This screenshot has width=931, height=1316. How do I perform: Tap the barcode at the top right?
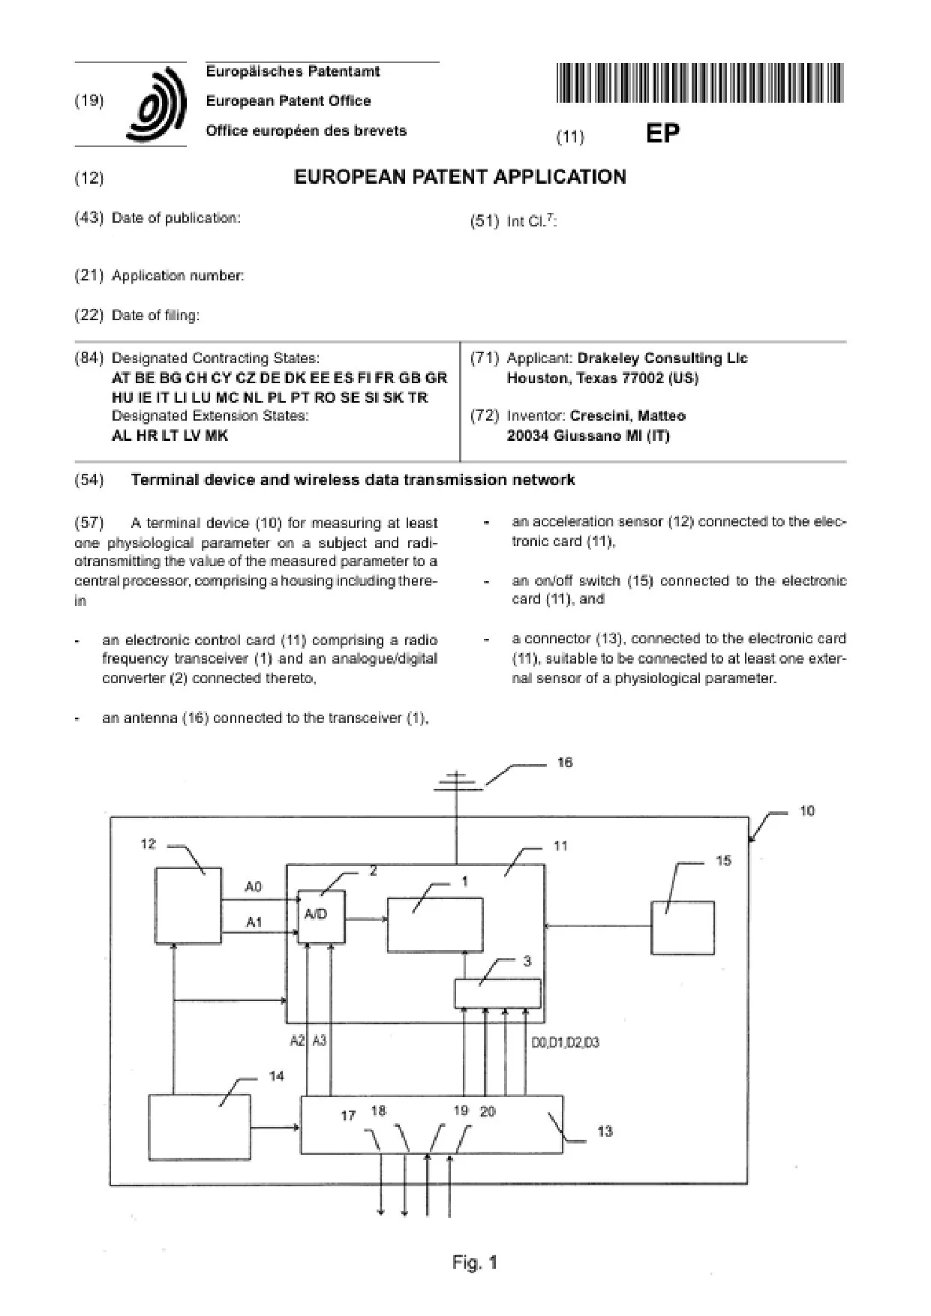[701, 83]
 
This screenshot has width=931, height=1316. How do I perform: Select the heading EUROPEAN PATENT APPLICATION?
[460, 177]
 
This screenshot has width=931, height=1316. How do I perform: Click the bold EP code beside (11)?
[662, 134]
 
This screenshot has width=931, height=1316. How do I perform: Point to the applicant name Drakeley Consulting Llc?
[662, 358]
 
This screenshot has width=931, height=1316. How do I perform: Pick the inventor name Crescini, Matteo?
[627, 415]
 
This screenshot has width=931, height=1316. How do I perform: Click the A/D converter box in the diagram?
[322, 916]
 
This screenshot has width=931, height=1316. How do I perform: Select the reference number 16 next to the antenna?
[565, 763]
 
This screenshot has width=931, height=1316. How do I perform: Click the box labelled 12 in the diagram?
[188, 905]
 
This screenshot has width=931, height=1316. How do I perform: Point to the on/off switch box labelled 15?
[682, 928]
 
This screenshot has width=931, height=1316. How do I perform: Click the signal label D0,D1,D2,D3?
[565, 1043]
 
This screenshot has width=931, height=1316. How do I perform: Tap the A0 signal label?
[254, 887]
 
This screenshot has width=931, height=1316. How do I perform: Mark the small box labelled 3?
[497, 994]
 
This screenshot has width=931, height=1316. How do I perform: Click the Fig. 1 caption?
[475, 1263]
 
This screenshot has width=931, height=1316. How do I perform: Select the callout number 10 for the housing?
[806, 811]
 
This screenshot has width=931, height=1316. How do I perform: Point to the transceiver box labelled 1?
[434, 925]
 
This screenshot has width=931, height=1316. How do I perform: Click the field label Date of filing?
[155, 316]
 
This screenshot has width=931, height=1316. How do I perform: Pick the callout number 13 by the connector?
[605, 1131]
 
